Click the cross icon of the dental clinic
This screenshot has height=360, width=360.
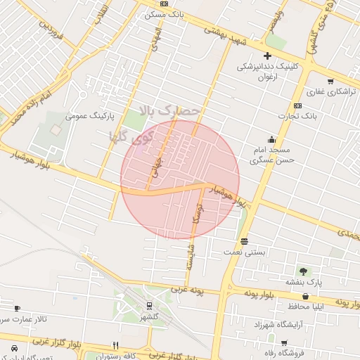click(267, 56)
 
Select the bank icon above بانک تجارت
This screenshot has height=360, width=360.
click(298, 105)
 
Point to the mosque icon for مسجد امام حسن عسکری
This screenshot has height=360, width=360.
click(271, 139)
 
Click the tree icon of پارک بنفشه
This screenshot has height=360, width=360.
click(303, 271)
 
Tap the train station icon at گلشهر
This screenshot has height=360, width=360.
click(149, 306)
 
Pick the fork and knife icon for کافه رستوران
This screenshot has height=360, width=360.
click(115, 345)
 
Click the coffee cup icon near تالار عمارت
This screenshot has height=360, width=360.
click(17, 308)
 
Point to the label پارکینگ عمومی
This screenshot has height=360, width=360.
click(89, 115)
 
